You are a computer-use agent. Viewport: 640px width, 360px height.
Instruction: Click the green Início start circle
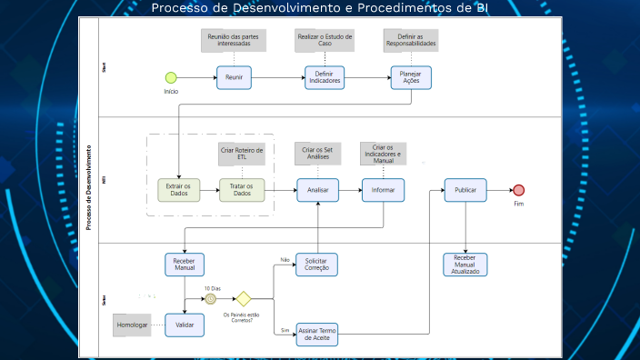click(170, 78)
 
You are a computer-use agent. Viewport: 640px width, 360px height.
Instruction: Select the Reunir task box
click(234, 78)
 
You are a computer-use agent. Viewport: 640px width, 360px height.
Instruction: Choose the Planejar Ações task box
click(411, 78)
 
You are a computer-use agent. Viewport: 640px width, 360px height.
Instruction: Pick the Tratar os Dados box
click(241, 189)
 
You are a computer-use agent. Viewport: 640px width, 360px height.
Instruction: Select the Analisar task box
click(317, 189)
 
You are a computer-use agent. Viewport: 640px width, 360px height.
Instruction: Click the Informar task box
click(383, 189)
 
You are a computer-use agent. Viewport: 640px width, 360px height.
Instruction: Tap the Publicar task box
click(465, 189)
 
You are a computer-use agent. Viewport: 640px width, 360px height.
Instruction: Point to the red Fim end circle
click(519, 190)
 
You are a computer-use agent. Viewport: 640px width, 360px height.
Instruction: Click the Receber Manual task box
click(185, 265)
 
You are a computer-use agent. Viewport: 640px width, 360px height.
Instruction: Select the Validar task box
click(185, 325)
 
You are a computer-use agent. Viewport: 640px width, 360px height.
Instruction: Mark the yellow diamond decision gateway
click(243, 298)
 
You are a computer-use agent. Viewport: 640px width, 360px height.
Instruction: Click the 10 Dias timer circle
click(211, 298)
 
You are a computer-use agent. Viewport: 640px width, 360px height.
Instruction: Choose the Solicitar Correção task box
click(316, 265)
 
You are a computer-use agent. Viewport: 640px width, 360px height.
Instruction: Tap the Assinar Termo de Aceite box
click(316, 335)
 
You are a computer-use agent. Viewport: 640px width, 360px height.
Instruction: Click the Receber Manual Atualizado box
click(465, 265)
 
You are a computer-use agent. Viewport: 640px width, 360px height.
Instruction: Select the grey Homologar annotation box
click(132, 325)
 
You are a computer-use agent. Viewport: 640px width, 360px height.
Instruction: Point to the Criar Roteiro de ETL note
click(242, 155)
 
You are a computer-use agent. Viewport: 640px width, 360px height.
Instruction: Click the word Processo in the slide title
click(177, 8)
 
